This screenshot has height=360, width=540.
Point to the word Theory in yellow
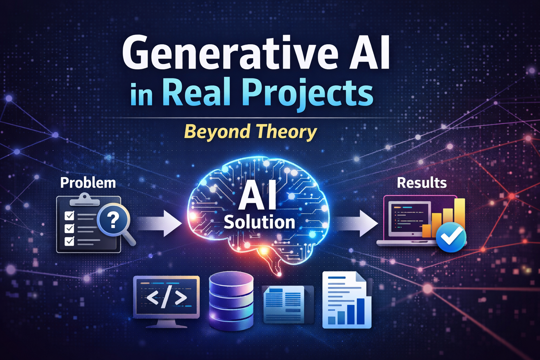[x=286, y=132]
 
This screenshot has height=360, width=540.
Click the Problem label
[x=88, y=183]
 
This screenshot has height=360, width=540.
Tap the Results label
[x=422, y=183]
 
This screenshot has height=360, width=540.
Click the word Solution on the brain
[x=259, y=223]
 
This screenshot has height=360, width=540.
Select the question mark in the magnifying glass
[x=112, y=220]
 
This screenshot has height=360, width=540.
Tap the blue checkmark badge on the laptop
[x=451, y=237]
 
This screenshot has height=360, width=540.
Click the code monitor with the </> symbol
[x=166, y=298]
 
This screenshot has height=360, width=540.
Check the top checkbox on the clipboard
[x=69, y=215]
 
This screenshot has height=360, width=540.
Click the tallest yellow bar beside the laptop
[x=459, y=214]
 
